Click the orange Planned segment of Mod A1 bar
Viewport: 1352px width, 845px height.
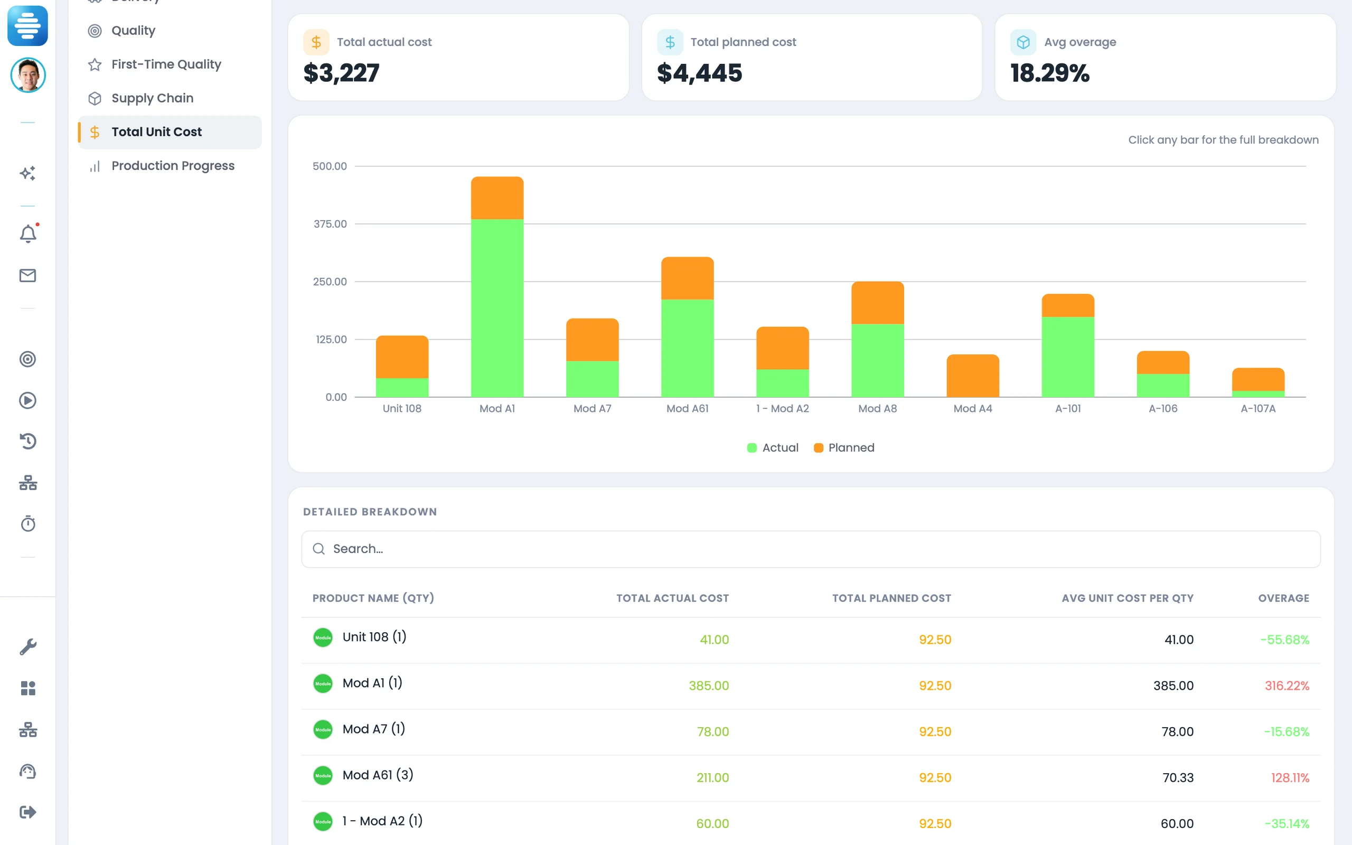pos(497,198)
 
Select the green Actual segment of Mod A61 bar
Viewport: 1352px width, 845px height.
pos(687,348)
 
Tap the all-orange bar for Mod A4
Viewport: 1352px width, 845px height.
pos(973,375)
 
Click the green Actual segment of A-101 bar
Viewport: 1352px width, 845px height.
pos(1068,357)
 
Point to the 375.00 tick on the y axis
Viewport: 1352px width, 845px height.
pos(330,224)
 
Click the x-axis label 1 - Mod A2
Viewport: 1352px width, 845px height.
pos(782,409)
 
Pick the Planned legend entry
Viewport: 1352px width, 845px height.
pos(844,448)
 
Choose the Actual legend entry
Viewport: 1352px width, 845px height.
pos(773,448)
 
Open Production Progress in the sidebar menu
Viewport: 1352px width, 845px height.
pos(173,166)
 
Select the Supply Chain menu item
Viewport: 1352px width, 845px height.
pos(152,98)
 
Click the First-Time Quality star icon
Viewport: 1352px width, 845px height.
pos(95,65)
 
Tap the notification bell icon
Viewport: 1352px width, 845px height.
pos(28,233)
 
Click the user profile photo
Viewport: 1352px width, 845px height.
pos(28,75)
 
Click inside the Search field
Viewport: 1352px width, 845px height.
pos(811,549)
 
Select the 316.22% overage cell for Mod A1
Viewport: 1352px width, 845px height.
pos(1287,686)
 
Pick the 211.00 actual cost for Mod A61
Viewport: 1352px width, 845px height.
pos(712,777)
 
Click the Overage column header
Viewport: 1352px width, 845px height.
pos(1283,598)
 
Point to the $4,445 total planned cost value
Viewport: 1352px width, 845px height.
pos(699,73)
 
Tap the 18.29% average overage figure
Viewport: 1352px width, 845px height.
pos(1050,73)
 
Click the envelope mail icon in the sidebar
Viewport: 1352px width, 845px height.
pos(28,276)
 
